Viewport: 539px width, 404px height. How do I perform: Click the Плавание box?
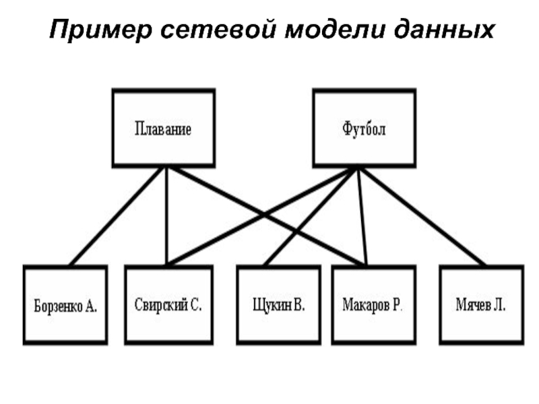[x=163, y=128]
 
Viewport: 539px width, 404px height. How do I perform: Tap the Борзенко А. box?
[x=65, y=305]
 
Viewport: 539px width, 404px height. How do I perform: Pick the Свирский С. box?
[x=168, y=305]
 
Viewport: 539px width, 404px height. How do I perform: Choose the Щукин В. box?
[x=278, y=305]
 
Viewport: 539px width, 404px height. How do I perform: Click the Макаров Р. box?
[x=372, y=305]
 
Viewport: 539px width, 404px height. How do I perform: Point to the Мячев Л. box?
[x=480, y=305]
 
